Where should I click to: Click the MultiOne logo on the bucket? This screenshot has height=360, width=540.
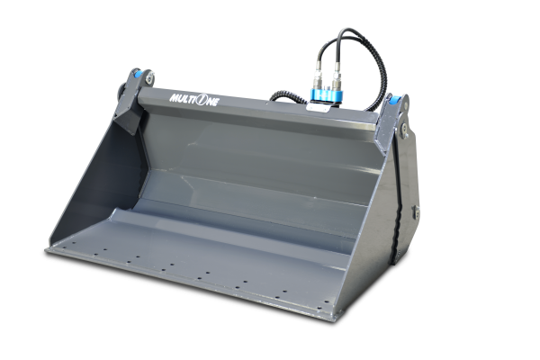[193, 100]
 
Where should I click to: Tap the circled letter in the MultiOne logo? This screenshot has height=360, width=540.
[202, 100]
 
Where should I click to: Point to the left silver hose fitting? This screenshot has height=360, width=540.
[318, 79]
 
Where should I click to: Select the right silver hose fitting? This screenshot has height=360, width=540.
[336, 81]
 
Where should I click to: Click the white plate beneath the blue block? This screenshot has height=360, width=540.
[318, 107]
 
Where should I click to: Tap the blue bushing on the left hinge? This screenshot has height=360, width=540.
[138, 74]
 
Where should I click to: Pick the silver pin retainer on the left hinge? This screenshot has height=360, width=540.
[149, 77]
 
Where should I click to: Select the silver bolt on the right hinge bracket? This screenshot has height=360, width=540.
[404, 130]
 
